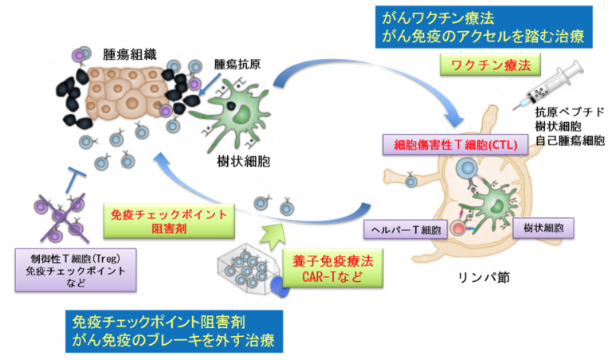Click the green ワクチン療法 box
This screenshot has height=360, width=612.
point(490,65)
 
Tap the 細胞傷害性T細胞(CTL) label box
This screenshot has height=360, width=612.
point(455,145)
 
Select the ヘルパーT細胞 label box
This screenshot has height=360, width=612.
point(406,229)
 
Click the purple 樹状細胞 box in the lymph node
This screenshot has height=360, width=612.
point(543,228)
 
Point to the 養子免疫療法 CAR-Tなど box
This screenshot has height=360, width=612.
point(333,268)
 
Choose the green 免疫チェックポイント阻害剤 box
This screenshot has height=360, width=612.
point(169,221)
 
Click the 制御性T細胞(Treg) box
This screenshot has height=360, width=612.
point(76,270)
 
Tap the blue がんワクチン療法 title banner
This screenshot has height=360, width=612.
point(484,27)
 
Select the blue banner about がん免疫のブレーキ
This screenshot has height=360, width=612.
point(174,331)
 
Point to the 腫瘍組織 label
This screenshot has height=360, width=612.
point(130,55)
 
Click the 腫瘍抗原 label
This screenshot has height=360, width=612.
point(237,65)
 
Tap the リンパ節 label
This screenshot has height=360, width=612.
point(484,277)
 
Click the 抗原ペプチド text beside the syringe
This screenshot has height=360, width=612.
point(570,112)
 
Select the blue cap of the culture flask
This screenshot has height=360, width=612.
point(280,288)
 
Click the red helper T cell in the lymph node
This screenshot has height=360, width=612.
point(458,228)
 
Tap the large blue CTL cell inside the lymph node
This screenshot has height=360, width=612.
point(467,168)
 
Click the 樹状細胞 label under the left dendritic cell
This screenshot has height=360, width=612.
point(243,161)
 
